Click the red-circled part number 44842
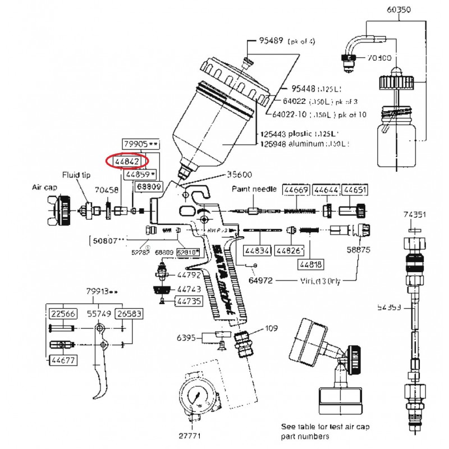(127, 162)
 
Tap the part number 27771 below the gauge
(189, 434)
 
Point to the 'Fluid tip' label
(76, 175)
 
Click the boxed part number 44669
(295, 191)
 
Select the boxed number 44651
(355, 191)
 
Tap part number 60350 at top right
(399, 10)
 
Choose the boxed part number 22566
(62, 314)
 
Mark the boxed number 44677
(62, 360)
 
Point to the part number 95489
(272, 41)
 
